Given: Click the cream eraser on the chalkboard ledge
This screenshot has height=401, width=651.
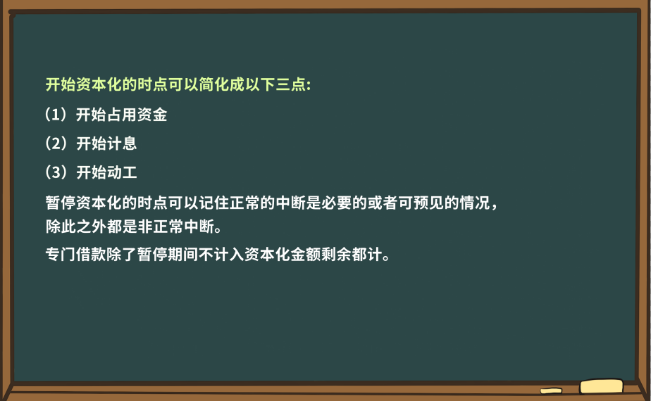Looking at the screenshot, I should pos(601,386).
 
